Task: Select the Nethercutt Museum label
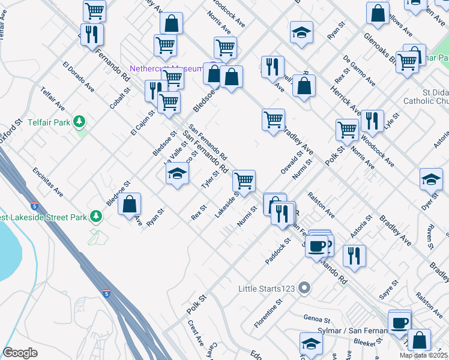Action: click(x=166, y=69)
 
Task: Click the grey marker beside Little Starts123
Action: click(x=304, y=288)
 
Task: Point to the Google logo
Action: click(x=20, y=353)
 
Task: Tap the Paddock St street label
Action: click(x=278, y=251)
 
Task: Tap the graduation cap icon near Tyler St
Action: click(x=177, y=175)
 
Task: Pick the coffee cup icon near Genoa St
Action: click(x=399, y=323)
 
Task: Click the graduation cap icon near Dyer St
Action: click(x=431, y=179)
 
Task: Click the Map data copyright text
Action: click(x=424, y=355)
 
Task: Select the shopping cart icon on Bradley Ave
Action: click(x=274, y=119)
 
